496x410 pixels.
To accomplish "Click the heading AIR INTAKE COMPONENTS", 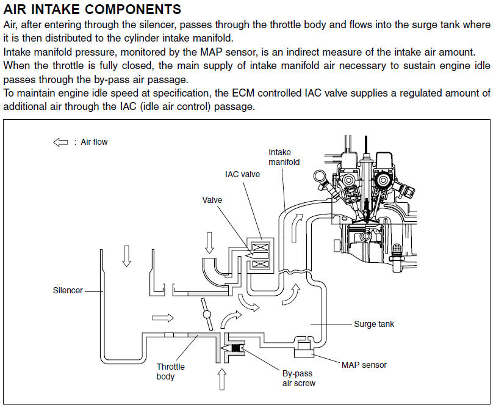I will click(x=92, y=9).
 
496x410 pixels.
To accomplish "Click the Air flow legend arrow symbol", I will click(x=60, y=142).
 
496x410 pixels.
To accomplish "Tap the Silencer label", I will click(x=68, y=290).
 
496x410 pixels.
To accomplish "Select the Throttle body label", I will click(x=170, y=372).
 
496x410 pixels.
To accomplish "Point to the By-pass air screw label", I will click(x=298, y=378).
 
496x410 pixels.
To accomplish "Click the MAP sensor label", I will click(x=364, y=365).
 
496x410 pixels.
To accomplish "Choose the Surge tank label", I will click(x=374, y=324).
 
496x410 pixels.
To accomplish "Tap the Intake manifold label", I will click(x=284, y=157).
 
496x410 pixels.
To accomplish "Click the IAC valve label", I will click(x=242, y=174).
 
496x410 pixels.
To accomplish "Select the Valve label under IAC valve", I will click(x=212, y=200).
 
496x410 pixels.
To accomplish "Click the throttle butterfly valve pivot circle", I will click(x=206, y=315).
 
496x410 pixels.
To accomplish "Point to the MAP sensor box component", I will click(x=303, y=350).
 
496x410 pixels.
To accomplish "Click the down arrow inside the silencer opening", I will click(x=126, y=255).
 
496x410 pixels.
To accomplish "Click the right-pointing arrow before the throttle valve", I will click(x=162, y=318).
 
